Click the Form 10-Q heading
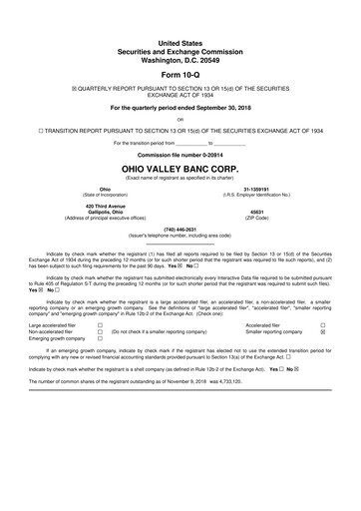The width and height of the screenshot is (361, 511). coord(180,75)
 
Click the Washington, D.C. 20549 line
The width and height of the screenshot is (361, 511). coord(180,57)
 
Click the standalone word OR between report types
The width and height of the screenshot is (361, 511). coord(180,121)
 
